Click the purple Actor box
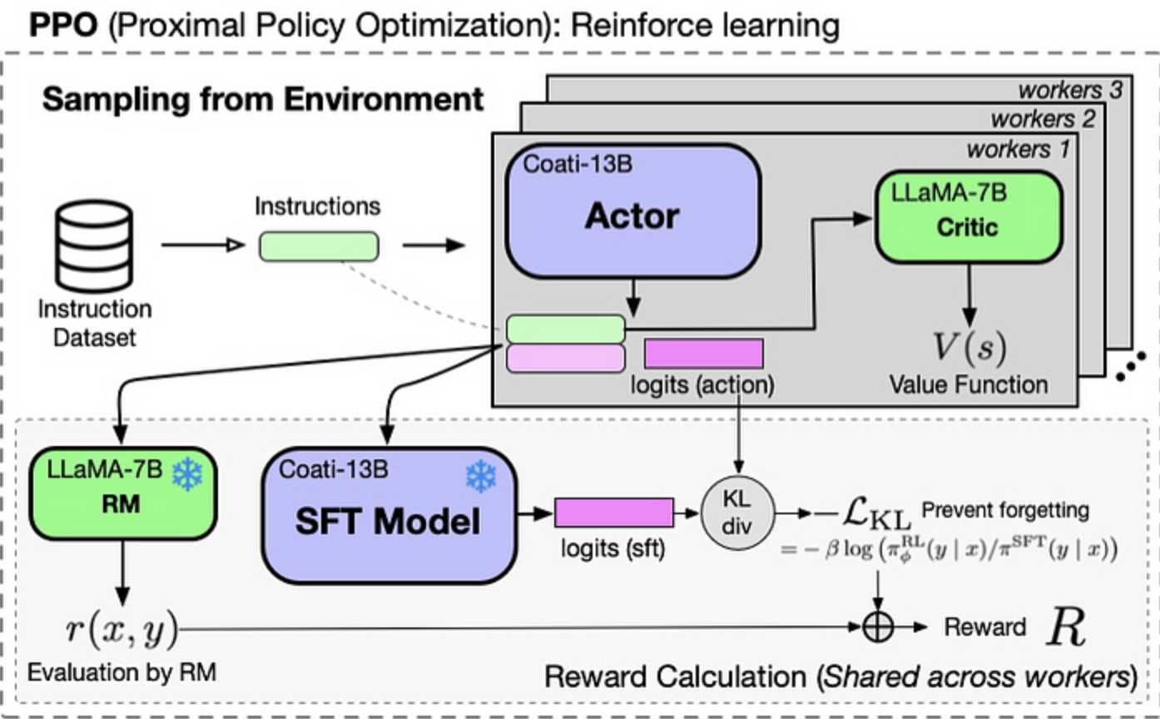632,213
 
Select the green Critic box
967,219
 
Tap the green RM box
122,493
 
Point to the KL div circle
738,512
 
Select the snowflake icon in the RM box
187,475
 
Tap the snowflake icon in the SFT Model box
480,477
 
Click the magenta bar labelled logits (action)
704,353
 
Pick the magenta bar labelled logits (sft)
613,512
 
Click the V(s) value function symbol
967,348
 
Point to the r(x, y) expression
121,629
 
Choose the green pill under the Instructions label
319,246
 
